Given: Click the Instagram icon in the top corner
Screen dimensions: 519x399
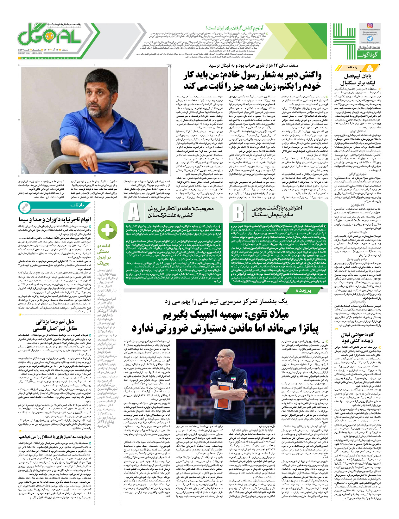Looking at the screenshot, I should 370,26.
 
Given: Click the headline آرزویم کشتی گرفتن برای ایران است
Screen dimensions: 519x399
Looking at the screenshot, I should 235,28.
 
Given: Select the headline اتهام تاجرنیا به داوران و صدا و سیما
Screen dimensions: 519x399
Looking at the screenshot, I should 54,219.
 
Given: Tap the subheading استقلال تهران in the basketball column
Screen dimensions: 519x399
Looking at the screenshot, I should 357,131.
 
